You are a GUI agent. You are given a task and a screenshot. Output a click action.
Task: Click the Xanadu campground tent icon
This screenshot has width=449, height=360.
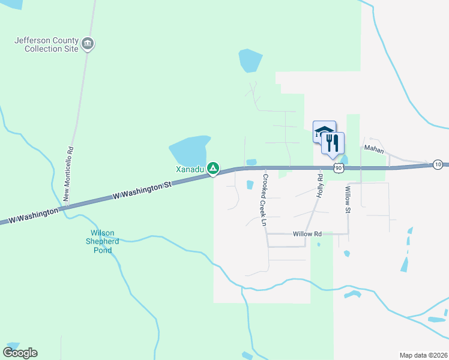[x=212, y=169]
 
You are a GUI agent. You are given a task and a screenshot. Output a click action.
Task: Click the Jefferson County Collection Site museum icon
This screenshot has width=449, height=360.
[x=88, y=43]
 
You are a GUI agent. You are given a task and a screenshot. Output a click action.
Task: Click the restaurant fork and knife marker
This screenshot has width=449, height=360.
[x=333, y=143]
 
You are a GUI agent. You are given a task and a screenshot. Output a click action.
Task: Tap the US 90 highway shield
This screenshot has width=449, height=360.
[x=339, y=168]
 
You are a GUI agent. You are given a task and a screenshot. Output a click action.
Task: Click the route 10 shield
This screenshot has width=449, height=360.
[x=438, y=164]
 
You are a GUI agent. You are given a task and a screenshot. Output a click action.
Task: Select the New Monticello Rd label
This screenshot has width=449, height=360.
[x=69, y=175]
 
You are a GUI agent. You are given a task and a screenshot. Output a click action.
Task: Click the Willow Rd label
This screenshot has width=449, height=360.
[x=307, y=234]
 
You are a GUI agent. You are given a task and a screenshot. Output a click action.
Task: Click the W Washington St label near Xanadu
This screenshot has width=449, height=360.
[x=142, y=192]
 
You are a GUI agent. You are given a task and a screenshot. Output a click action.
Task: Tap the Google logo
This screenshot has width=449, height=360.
[x=20, y=353]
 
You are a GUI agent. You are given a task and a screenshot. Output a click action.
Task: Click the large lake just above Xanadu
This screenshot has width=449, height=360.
[x=189, y=150]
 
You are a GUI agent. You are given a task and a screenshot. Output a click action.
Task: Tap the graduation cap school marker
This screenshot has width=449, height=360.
[x=324, y=131]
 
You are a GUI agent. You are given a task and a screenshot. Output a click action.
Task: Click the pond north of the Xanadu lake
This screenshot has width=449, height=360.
[x=250, y=60]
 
